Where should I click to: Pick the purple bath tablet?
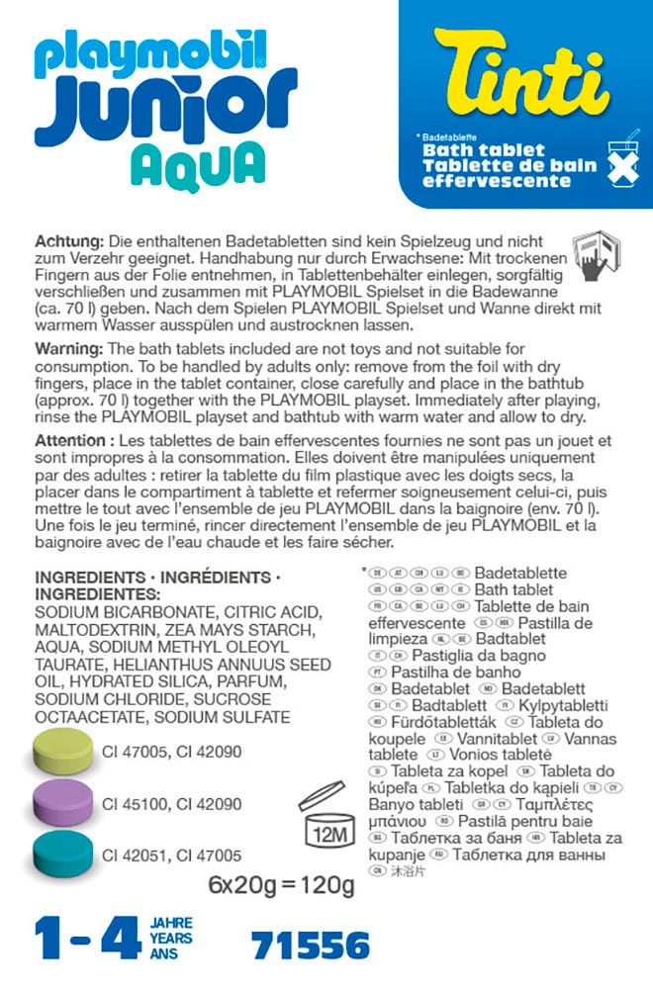click(x=63, y=804)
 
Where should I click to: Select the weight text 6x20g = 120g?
click(x=282, y=884)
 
